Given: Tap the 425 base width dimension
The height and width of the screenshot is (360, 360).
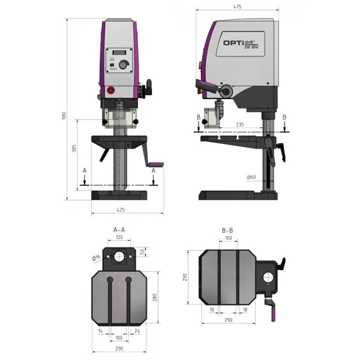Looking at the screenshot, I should click(120, 210).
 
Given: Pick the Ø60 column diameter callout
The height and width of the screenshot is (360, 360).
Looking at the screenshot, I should click(251, 177).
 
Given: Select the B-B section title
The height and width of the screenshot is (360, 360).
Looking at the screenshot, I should click(228, 230).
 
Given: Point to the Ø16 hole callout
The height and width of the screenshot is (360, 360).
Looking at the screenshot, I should click(97, 258).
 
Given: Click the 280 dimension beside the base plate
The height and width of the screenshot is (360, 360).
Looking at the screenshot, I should click(155, 297).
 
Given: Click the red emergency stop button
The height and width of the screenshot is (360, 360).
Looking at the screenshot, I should click(110, 90).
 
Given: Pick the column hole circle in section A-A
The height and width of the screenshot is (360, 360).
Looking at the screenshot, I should click(119, 257).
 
